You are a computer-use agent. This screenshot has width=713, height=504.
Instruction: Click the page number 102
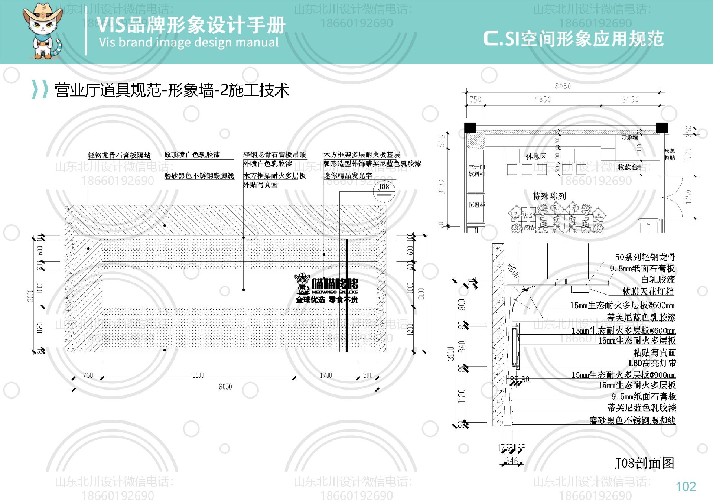click(x=686, y=487)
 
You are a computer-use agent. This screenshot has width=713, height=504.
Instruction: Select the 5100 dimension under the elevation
click(x=198, y=375)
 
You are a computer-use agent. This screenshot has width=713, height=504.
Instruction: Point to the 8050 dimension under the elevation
click(x=225, y=387)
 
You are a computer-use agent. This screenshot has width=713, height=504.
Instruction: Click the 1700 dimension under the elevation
click(x=326, y=375)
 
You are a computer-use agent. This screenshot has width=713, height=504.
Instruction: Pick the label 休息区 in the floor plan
click(x=536, y=156)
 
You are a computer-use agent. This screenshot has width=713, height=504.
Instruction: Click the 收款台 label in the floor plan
click(x=628, y=167)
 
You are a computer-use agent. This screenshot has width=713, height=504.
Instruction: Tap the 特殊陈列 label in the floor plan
click(x=549, y=196)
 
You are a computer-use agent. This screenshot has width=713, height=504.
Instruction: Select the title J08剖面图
click(x=644, y=463)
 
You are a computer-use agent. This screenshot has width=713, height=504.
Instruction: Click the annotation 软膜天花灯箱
click(x=648, y=292)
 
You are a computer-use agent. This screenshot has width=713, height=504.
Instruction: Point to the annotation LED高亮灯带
click(x=652, y=363)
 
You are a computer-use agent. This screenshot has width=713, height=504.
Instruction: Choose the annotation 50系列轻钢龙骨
click(x=645, y=257)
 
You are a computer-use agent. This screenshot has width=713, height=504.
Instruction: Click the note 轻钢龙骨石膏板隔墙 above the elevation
click(x=119, y=155)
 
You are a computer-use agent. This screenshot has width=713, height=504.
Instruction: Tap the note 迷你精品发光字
click(x=348, y=176)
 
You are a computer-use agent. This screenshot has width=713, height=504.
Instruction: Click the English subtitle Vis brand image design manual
click(x=189, y=42)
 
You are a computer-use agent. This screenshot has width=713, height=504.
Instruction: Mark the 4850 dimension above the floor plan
click(x=542, y=99)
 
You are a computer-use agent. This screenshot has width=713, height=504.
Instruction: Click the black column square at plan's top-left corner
click(x=470, y=127)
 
